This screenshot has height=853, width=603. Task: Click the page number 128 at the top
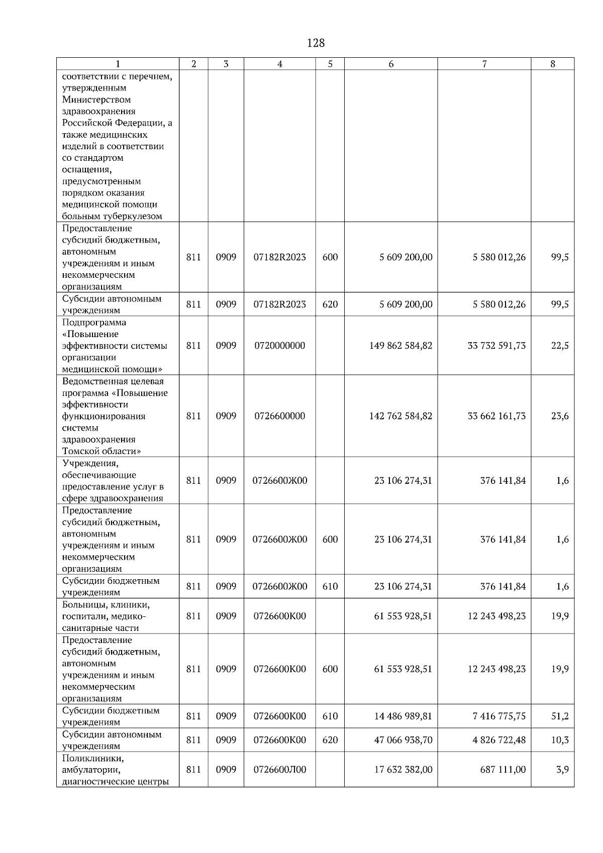click(x=316, y=43)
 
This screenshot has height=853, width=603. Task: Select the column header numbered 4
click(x=280, y=64)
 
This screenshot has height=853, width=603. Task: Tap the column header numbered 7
click(x=484, y=64)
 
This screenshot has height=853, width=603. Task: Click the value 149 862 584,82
click(x=400, y=346)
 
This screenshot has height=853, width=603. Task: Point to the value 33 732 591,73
click(x=496, y=346)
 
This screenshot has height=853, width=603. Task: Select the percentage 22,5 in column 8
click(x=560, y=346)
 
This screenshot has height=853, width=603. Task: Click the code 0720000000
click(x=279, y=346)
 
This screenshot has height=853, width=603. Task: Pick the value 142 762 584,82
click(x=400, y=416)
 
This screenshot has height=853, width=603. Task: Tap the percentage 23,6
click(x=560, y=416)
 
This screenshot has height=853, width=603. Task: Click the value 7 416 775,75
click(x=499, y=716)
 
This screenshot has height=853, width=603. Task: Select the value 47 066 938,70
click(x=403, y=740)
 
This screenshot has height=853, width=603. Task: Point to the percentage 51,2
click(x=560, y=716)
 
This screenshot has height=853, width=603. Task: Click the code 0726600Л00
click(x=279, y=770)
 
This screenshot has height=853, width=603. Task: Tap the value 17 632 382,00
click(x=403, y=770)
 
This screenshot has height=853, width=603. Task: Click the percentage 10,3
click(x=560, y=740)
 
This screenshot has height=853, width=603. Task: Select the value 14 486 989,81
click(x=403, y=716)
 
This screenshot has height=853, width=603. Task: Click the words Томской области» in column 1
click(x=101, y=451)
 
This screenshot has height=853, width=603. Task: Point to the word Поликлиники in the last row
click(x=93, y=758)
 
